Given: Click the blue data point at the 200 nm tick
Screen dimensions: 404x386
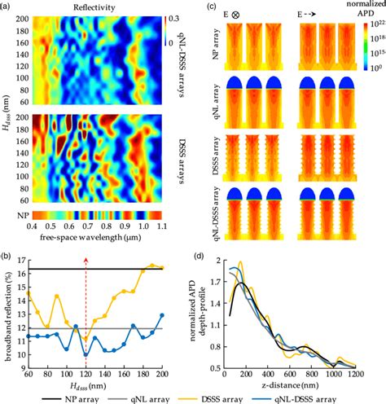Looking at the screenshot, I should pos(162,315).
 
